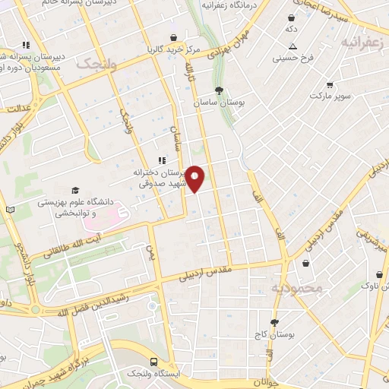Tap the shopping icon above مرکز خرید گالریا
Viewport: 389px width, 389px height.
coord(174,37)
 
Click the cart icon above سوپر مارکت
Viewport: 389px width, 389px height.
coord(329,84)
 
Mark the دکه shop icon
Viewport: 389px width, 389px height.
coord(290,17)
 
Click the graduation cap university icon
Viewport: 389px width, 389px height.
coord(74,190)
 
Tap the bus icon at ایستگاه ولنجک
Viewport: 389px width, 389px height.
coord(154,362)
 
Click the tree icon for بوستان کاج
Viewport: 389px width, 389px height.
coord(274,322)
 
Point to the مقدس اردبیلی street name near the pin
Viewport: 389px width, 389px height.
coord(204,274)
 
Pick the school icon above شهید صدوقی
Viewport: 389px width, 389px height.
coord(161,160)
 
